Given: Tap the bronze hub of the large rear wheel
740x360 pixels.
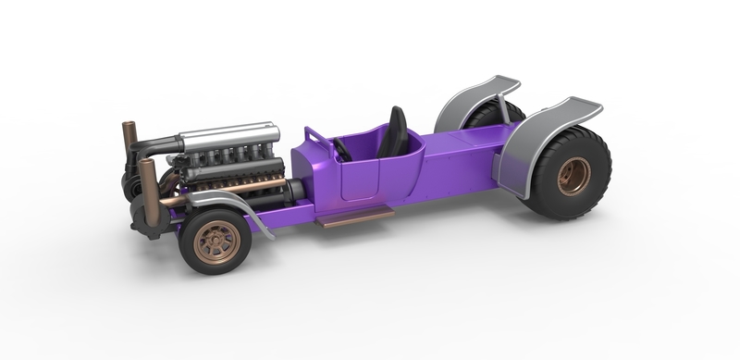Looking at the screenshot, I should pos(573,176).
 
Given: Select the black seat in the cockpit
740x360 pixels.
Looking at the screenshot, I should pos(397,132).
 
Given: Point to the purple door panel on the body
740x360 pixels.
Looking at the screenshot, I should pos(365,181).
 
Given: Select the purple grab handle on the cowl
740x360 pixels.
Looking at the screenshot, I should pos(315,137).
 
